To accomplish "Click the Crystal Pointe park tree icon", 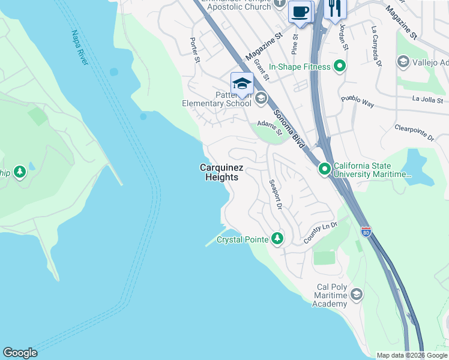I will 277,239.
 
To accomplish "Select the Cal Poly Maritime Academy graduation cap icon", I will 357,294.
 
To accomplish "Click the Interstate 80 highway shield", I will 366,231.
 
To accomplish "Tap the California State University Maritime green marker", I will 325,170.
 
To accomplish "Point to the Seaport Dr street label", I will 276,194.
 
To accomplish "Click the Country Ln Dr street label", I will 321,233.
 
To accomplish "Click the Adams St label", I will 270,127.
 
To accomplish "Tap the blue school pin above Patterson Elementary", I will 242,83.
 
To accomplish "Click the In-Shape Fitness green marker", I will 340,67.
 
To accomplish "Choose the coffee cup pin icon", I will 300,11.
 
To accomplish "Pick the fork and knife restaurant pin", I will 335,8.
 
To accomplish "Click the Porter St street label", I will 194,50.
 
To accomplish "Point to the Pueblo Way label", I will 357,101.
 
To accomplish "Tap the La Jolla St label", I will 427,100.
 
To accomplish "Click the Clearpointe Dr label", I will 414,133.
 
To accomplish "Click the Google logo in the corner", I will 20,353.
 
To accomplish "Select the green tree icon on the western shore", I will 20,173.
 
